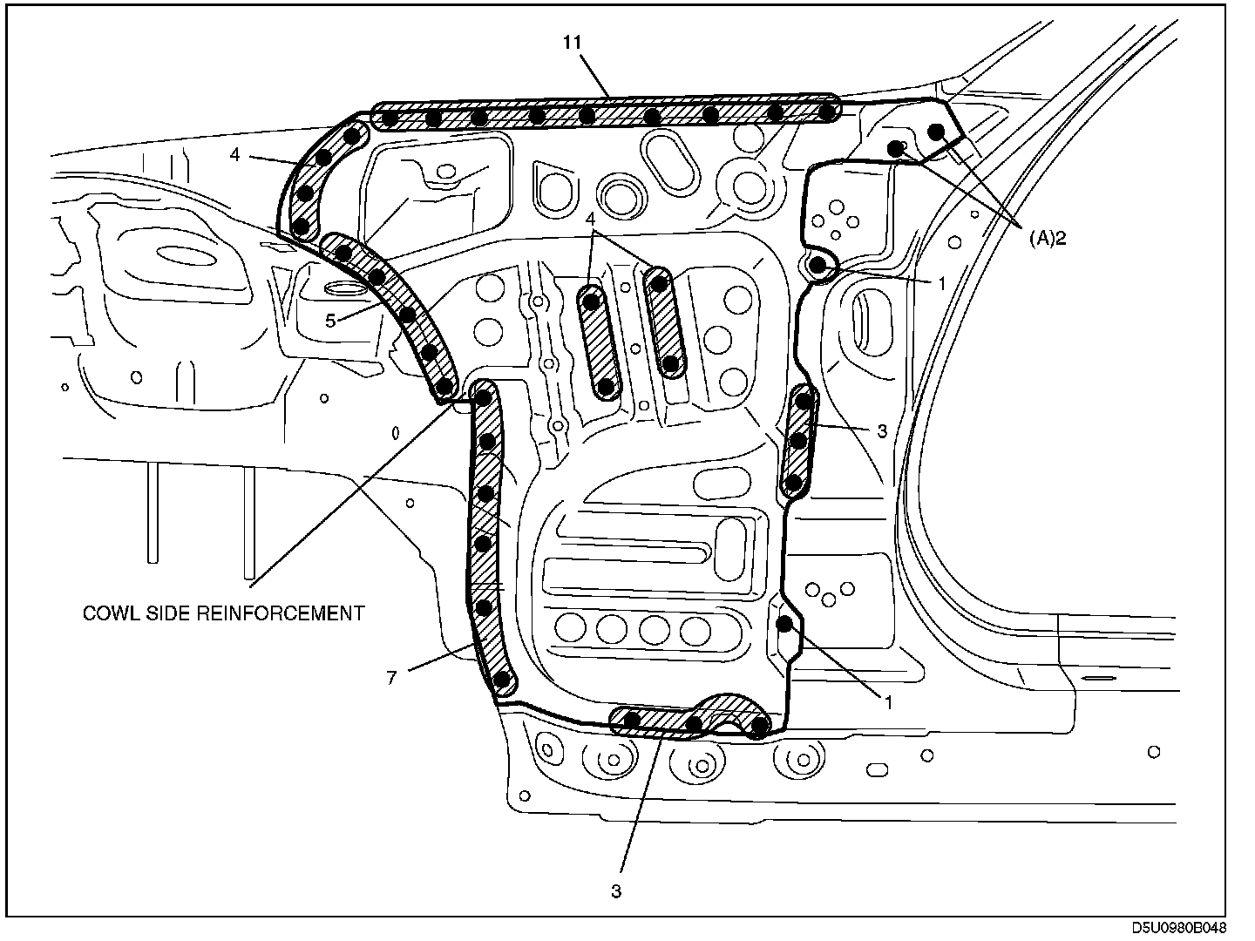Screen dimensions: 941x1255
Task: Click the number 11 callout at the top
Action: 573,43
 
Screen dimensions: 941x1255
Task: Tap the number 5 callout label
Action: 331,321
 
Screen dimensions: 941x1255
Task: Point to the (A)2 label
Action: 1046,238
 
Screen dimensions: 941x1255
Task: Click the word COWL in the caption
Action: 107,613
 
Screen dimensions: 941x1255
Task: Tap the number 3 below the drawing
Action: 616,891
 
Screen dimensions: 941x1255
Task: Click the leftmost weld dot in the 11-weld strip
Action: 391,117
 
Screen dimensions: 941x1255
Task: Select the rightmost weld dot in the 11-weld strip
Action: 825,112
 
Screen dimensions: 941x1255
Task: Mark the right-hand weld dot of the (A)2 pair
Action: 937,132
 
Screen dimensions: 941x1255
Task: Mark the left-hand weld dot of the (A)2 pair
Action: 895,148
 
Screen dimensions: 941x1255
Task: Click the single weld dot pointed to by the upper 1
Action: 818,265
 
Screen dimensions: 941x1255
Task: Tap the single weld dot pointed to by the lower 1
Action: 784,623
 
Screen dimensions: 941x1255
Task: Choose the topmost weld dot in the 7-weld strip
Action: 485,397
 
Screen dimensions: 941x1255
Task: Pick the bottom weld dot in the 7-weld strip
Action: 501,680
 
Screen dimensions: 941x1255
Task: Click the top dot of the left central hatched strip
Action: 593,301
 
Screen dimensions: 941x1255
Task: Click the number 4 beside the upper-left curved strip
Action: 234,155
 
